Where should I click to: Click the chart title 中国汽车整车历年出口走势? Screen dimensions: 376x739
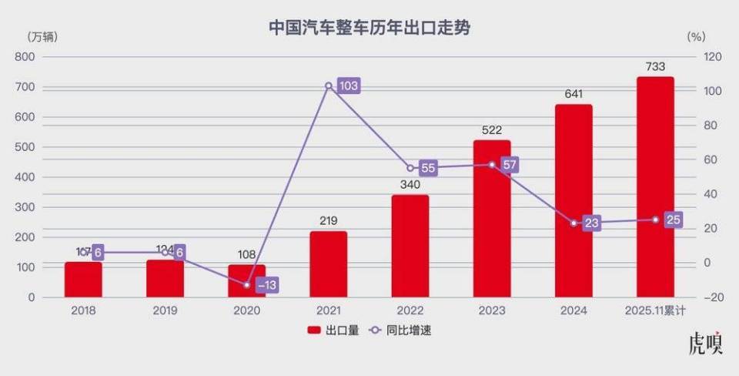[369, 28]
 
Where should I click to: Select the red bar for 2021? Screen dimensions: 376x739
[329, 264]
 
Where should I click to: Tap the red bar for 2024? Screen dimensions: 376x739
[573, 200]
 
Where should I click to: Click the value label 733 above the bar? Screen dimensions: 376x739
[655, 67]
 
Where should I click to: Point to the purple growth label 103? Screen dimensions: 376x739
[349, 86]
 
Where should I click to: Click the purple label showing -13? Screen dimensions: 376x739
[266, 285]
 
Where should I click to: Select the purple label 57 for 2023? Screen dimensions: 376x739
[509, 165]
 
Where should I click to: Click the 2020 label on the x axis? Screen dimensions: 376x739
[247, 311]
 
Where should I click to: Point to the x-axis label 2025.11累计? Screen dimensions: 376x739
[655, 311]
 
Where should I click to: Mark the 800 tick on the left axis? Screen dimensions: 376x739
[26, 57]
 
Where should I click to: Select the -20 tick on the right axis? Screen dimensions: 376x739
[714, 297]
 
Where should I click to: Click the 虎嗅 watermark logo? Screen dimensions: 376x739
[705, 344]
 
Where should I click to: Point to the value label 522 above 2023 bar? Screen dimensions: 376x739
[492, 131]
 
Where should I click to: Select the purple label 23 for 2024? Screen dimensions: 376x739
[591, 223]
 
